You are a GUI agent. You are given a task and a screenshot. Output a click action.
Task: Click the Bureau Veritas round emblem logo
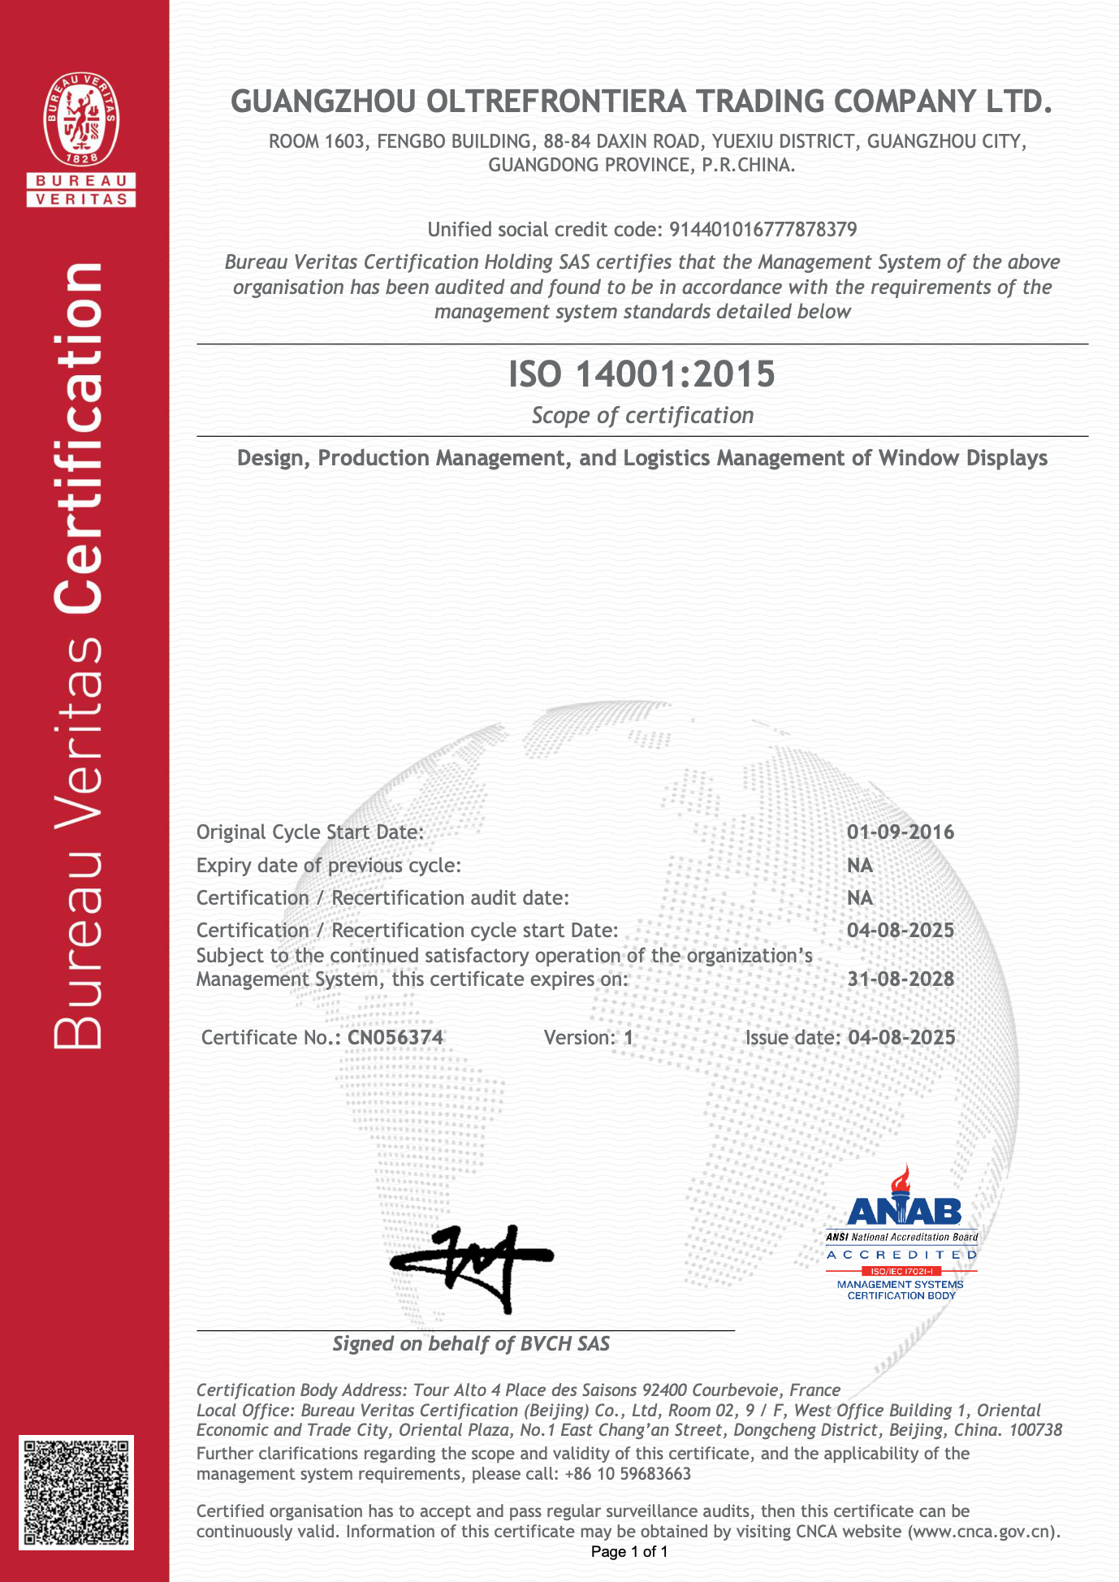pyautogui.click(x=81, y=119)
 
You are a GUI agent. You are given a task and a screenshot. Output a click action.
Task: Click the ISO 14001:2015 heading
pyautogui.click(x=642, y=374)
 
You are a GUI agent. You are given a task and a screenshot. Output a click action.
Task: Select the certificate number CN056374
pyautogui.click(x=395, y=1038)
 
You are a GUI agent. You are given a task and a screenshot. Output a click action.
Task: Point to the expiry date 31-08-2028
pyautogui.click(x=901, y=979)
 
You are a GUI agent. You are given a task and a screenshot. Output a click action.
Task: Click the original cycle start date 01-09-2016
pyautogui.click(x=901, y=832)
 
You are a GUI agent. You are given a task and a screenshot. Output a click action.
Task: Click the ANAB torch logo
pyautogui.click(x=903, y=1198)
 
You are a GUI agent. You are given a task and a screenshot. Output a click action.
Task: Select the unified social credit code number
pyautogui.click(x=763, y=230)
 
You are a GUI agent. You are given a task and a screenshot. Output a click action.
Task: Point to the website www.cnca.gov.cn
pyautogui.click(x=982, y=1532)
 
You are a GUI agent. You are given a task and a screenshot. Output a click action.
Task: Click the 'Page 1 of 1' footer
pyautogui.click(x=629, y=1552)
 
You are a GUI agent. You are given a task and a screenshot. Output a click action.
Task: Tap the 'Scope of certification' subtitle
pyautogui.click(x=642, y=416)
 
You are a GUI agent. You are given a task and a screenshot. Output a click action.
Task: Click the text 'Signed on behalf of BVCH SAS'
pyautogui.click(x=471, y=1344)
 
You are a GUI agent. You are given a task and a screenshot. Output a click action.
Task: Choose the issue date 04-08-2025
pyautogui.click(x=901, y=1038)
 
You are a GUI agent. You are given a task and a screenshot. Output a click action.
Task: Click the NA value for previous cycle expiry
pyautogui.click(x=859, y=866)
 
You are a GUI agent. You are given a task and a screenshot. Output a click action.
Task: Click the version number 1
pyautogui.click(x=628, y=1038)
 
